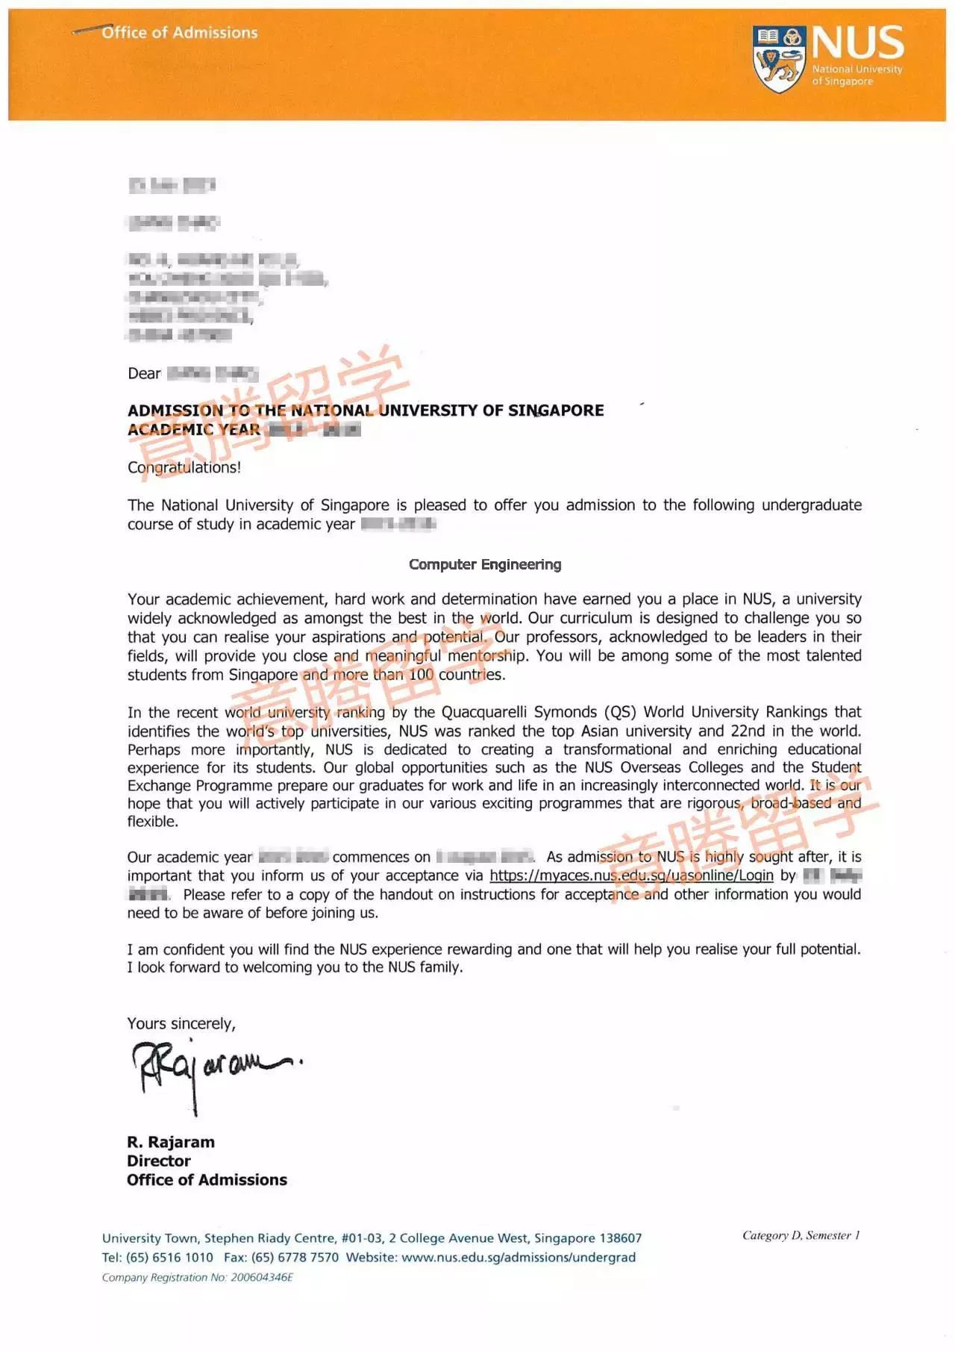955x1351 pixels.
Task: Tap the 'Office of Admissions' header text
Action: [x=179, y=33]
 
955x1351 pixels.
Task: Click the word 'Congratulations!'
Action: [x=184, y=468]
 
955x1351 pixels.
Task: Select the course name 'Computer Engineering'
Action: [x=485, y=565]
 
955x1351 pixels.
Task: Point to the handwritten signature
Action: [x=213, y=1068]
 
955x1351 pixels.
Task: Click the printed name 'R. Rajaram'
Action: [x=171, y=1142]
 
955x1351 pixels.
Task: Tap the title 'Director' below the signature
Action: [x=159, y=1161]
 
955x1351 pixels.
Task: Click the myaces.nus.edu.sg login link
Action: [x=631, y=876]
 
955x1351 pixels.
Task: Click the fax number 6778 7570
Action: [x=308, y=1258]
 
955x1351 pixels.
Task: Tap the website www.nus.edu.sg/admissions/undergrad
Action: [x=519, y=1258]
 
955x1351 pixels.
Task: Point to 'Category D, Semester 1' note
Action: [x=801, y=1235]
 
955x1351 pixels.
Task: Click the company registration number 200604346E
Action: [x=262, y=1278]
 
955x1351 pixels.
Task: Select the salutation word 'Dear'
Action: [x=144, y=374]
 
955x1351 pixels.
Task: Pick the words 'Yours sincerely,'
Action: [x=181, y=1024]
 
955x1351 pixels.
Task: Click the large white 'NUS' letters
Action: [x=858, y=43]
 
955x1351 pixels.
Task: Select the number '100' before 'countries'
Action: [x=421, y=675]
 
